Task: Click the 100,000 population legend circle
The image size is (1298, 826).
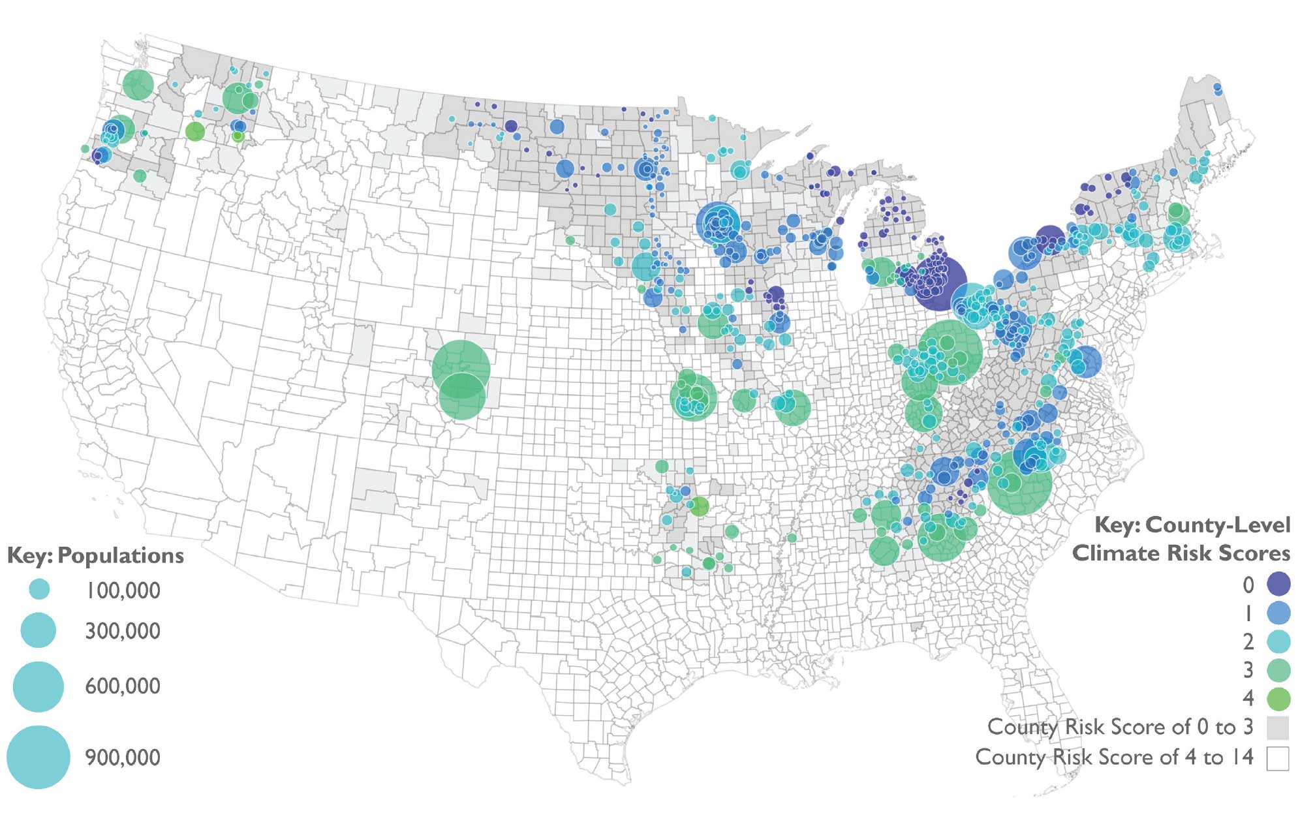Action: click(40, 589)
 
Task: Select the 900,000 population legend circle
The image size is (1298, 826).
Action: click(38, 757)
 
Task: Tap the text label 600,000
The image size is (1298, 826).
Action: click(123, 686)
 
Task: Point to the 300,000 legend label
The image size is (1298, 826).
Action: click(123, 631)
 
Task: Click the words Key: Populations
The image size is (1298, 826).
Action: click(95, 555)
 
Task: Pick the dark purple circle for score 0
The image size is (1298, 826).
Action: click(1278, 584)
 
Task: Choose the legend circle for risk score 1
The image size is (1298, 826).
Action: click(1278, 613)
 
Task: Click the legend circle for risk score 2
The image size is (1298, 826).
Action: click(1278, 641)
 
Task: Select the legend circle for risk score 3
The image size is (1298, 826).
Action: click(1278, 670)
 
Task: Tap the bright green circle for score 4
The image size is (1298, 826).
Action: click(1278, 699)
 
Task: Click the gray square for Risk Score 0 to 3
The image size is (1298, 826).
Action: click(1277, 727)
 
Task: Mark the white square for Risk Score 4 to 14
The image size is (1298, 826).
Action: click(1277, 759)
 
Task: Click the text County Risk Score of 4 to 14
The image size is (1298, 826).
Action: click(1114, 757)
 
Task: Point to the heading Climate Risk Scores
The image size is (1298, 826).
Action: click(1181, 553)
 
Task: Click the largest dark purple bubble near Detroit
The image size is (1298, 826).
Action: click(940, 283)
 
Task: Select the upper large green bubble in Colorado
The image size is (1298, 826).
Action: click(461, 368)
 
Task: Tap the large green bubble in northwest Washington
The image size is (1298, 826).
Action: click(138, 85)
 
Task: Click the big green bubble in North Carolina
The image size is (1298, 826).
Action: click(1020, 483)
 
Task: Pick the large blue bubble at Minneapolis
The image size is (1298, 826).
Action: click(718, 222)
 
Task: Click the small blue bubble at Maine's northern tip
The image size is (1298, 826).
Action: click(1217, 89)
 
